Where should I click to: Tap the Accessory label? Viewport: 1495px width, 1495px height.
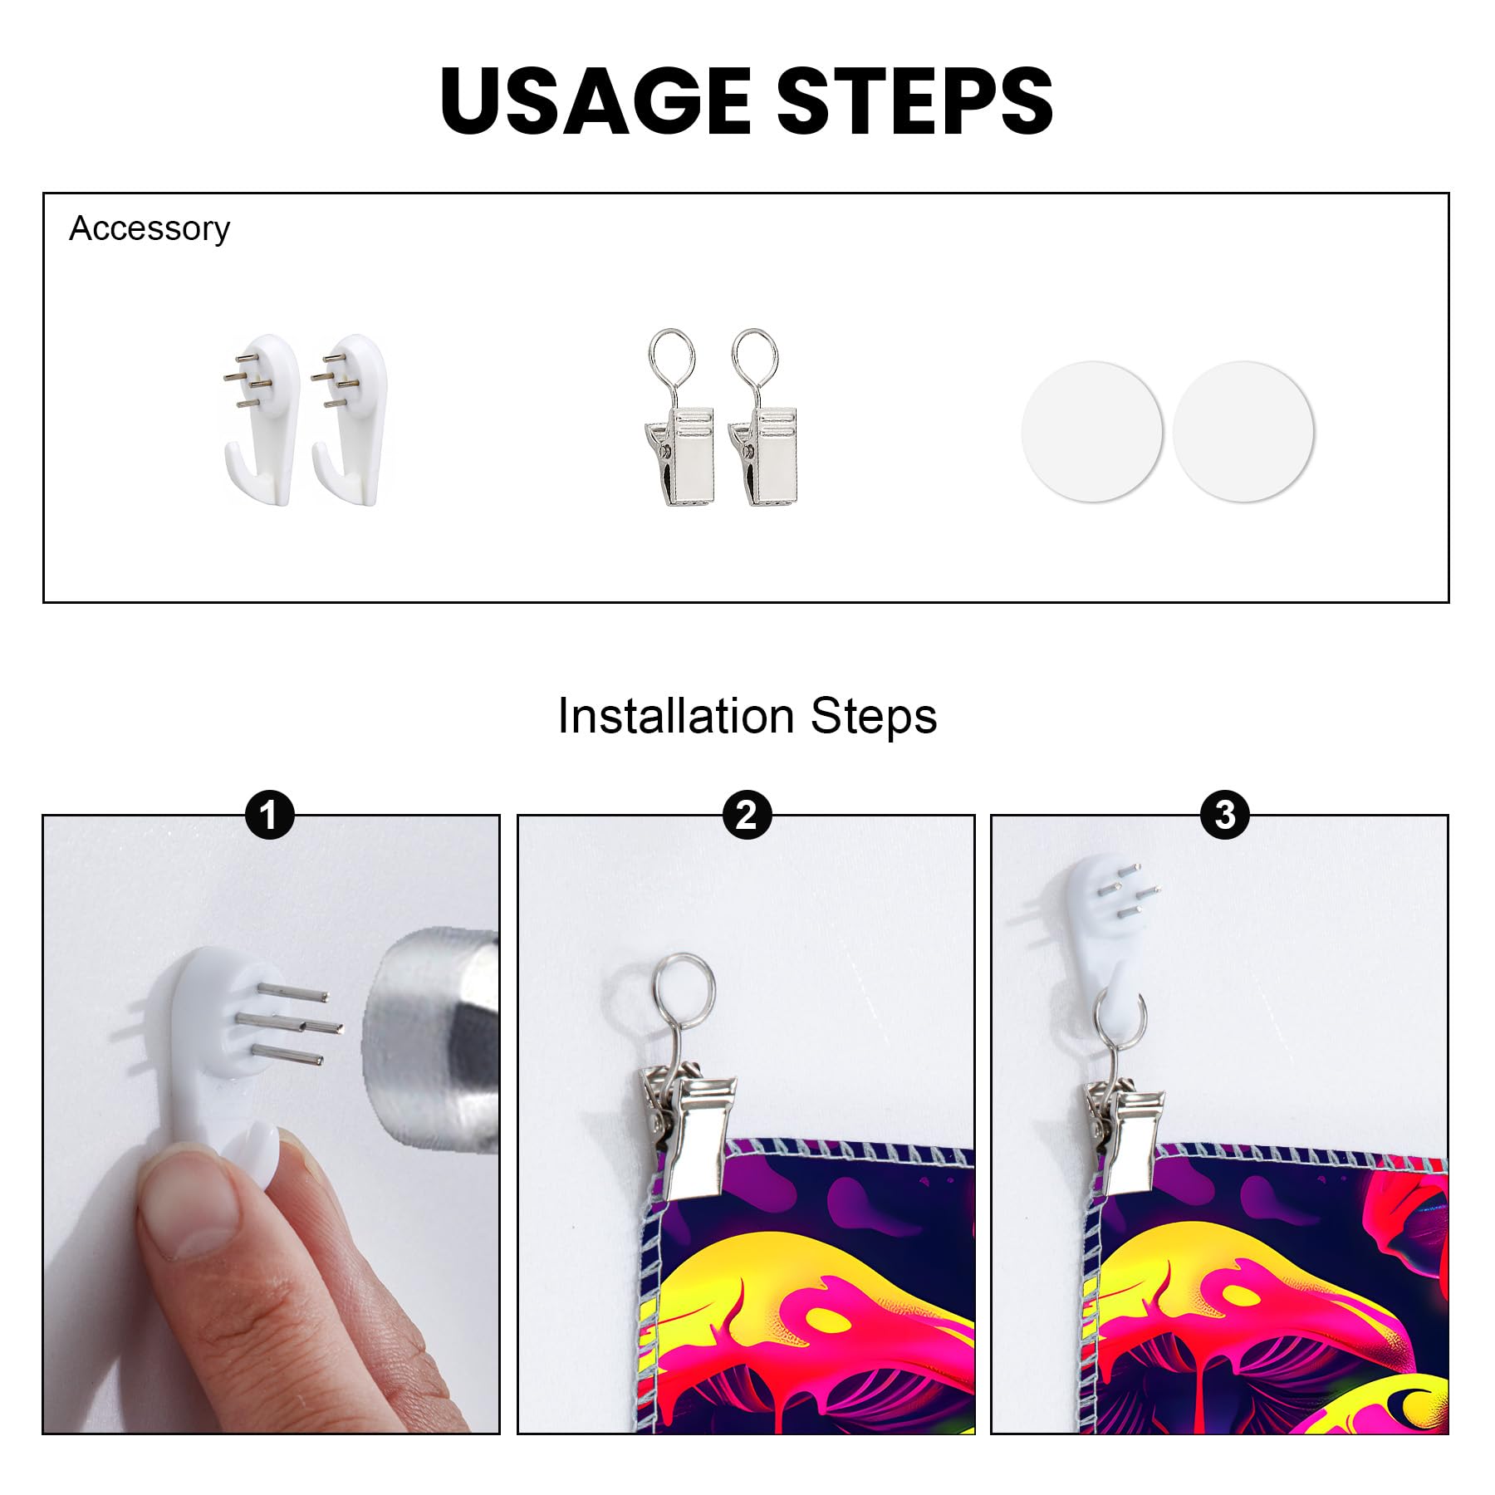pyautogui.click(x=149, y=228)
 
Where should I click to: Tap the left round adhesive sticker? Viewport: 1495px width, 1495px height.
pyautogui.click(x=1091, y=431)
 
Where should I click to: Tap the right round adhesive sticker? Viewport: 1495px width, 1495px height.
pyautogui.click(x=1243, y=431)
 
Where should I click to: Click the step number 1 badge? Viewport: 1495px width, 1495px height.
pyautogui.click(x=270, y=815)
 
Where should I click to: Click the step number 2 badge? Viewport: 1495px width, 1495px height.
pyautogui.click(x=747, y=815)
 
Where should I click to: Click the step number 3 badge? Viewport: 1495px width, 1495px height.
pyautogui.click(x=1225, y=815)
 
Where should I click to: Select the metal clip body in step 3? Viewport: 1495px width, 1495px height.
pyautogui.click(x=1121, y=1134)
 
